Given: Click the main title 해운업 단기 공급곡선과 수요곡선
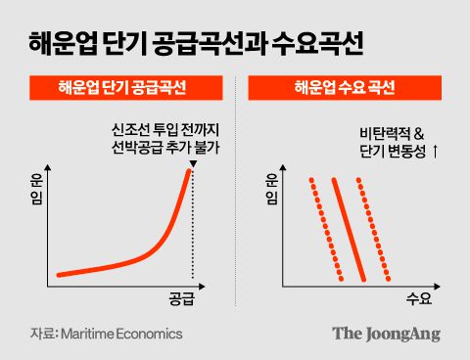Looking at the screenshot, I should (x=191, y=44).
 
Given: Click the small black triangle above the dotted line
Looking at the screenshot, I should (x=192, y=164).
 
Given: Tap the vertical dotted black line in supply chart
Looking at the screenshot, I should (x=192, y=235).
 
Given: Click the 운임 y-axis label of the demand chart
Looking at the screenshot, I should (x=271, y=189).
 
